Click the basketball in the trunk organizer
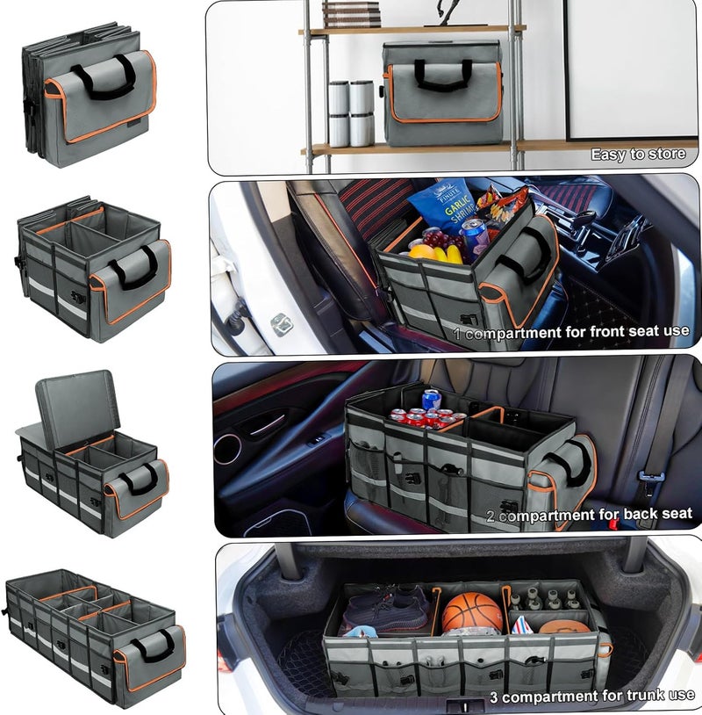coord(472,612)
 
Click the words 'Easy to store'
coord(638,154)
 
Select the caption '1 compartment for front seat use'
coord(571,331)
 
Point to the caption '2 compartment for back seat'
coord(589,515)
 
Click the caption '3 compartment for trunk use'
coord(592,696)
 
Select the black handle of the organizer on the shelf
coord(443,74)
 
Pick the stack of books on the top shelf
coord(351,14)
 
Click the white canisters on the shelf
coord(351,113)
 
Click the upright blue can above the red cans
coord(431,400)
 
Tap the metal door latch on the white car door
coord(280,325)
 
